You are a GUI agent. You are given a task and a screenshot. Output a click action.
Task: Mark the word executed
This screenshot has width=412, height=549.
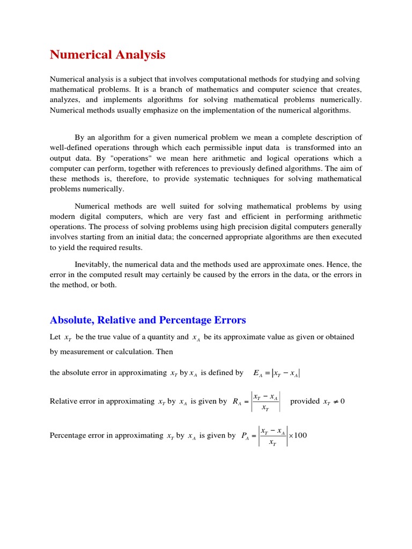click(347, 237)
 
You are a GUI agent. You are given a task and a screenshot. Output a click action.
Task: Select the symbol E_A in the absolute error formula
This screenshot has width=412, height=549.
click(257, 373)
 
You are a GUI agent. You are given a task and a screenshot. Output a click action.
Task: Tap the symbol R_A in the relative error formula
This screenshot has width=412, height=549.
click(237, 402)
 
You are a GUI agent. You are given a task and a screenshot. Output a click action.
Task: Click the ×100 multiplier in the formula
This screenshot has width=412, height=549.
click(298, 435)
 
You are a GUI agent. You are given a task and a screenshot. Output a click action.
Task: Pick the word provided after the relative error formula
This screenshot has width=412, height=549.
click(305, 401)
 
